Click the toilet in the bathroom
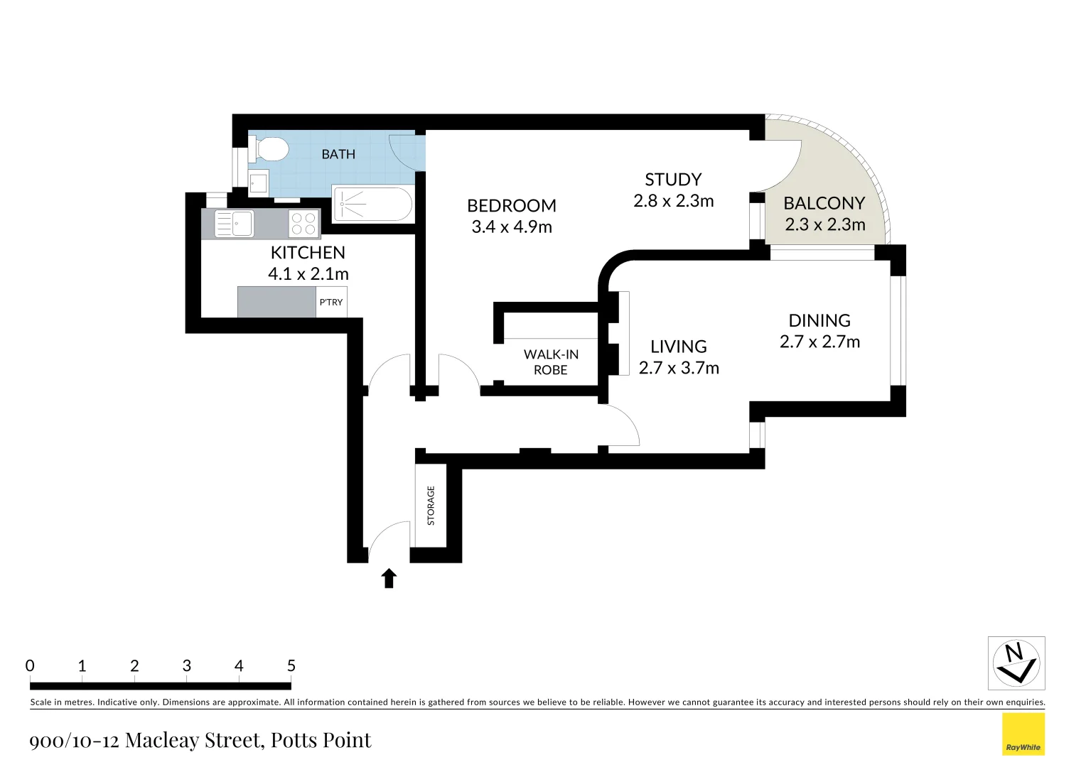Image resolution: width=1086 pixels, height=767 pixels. pyautogui.click(x=271, y=149)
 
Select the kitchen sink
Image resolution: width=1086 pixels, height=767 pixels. pyautogui.click(x=235, y=224)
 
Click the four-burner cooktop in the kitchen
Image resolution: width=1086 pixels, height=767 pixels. pyautogui.click(x=304, y=224)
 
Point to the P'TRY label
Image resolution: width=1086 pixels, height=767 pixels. pyautogui.click(x=331, y=303)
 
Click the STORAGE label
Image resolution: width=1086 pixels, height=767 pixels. pyautogui.click(x=431, y=506)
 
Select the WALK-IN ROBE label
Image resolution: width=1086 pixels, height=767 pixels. pyautogui.click(x=551, y=361)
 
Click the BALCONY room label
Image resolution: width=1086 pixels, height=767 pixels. pyautogui.click(x=824, y=203)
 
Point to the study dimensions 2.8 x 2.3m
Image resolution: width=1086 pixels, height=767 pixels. pyautogui.click(x=673, y=201)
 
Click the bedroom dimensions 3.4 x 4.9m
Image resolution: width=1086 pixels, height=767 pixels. pyautogui.click(x=512, y=227)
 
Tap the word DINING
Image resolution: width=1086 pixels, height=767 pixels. pyautogui.click(x=819, y=320)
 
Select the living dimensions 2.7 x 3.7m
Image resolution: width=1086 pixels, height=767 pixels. pyautogui.click(x=679, y=368)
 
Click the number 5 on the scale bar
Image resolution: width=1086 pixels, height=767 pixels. pyautogui.click(x=291, y=666)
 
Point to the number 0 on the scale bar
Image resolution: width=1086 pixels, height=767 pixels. pyautogui.click(x=30, y=666)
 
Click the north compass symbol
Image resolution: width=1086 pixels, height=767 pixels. pyautogui.click(x=1016, y=663)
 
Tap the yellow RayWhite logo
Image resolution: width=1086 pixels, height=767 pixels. pyautogui.click(x=1023, y=734)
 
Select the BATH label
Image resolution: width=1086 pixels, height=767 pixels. pyautogui.click(x=338, y=154)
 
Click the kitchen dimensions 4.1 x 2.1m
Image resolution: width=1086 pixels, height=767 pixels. pyautogui.click(x=308, y=274)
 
